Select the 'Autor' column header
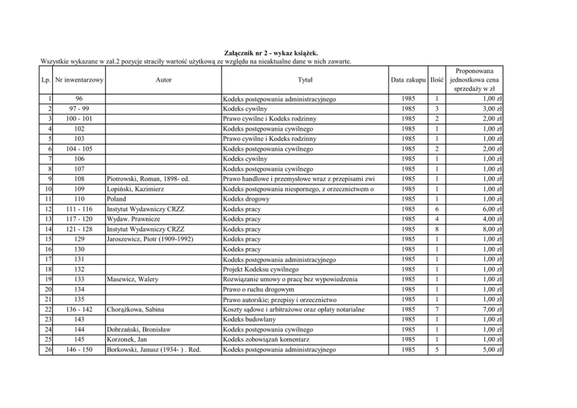[164, 79]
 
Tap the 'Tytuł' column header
[305, 79]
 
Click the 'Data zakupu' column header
[408, 79]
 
